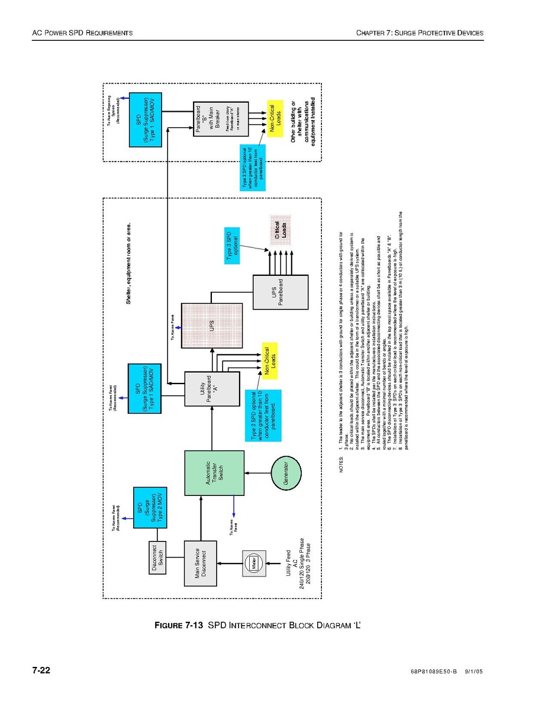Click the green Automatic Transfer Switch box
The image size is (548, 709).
(214, 473)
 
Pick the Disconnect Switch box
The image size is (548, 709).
(157, 558)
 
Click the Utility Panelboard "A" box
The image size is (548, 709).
(212, 389)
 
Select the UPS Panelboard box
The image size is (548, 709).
(281, 292)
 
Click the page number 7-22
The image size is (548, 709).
(41, 671)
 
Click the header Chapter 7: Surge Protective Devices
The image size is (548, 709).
(420, 33)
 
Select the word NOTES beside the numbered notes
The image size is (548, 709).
(341, 465)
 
